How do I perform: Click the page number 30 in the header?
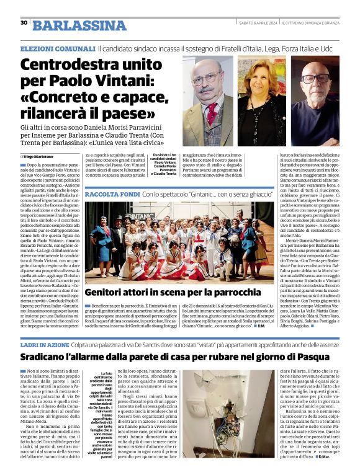tap(24, 23)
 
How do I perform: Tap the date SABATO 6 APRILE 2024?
tap(257, 23)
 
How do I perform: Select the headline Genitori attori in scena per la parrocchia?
tap(173, 291)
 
